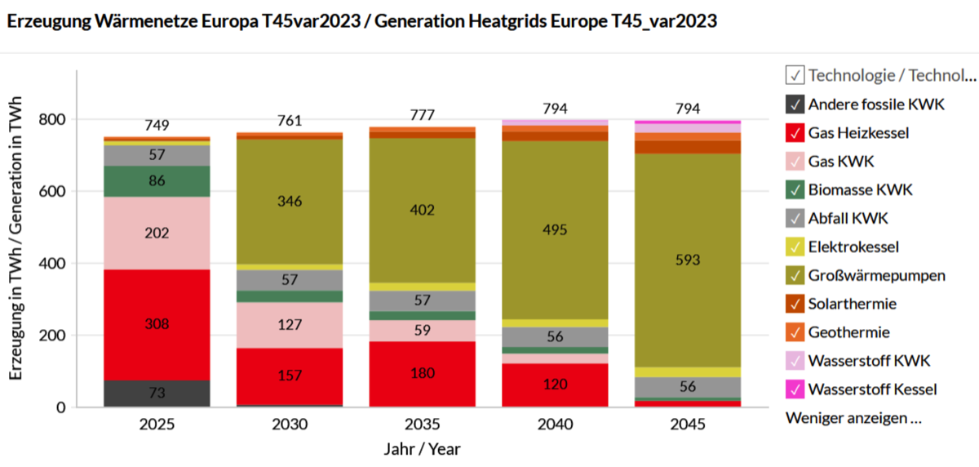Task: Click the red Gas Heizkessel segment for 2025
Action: (x=157, y=324)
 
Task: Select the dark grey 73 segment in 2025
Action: (x=157, y=394)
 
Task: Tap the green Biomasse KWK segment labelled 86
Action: (x=157, y=181)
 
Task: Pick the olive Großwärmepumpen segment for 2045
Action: (x=688, y=260)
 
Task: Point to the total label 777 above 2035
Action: (x=423, y=115)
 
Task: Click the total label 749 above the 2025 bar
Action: (x=157, y=125)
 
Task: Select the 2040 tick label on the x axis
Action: (x=555, y=425)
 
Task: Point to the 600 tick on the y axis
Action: (x=54, y=192)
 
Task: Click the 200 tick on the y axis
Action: (x=54, y=336)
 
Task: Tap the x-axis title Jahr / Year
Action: (x=422, y=449)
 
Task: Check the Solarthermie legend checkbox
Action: (x=795, y=304)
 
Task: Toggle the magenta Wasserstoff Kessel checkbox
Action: (x=795, y=389)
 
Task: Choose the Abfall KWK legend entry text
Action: (x=848, y=218)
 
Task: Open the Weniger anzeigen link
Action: (x=853, y=418)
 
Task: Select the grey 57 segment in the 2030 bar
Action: (x=290, y=280)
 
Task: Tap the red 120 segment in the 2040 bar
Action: (x=555, y=385)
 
